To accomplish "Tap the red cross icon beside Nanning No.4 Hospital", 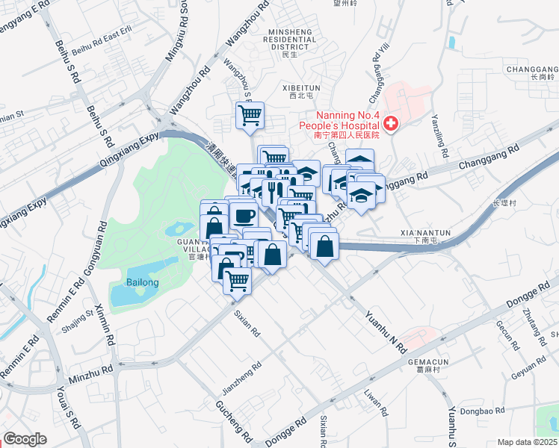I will [x=390, y=123].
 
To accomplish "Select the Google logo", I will [x=25, y=439].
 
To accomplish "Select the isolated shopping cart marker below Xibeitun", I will [x=250, y=115].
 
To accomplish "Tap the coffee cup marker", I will [x=244, y=216].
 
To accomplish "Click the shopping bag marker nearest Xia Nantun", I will [x=324, y=246].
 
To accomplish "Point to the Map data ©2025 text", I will [x=528, y=442].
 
